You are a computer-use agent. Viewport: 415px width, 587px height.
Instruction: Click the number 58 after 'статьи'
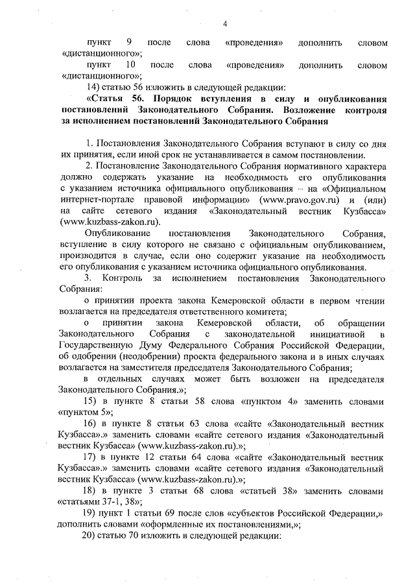pos(185,401)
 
